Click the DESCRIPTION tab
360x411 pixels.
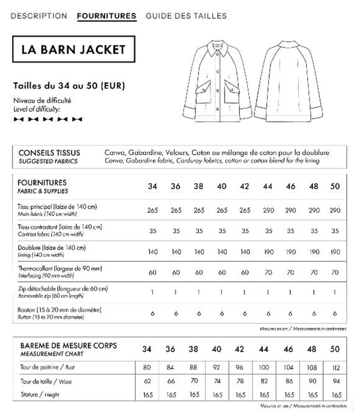point(39,16)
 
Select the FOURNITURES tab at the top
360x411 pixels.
point(107,16)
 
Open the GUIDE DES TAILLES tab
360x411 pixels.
point(186,16)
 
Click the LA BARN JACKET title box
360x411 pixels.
point(74,49)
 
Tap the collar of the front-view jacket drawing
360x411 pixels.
point(221,52)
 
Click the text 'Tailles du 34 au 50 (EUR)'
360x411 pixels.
point(69,85)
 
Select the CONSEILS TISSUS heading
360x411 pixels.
point(49,152)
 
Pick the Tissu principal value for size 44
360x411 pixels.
point(268,211)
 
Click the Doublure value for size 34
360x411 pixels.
point(153,252)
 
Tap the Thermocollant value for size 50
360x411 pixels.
point(335,273)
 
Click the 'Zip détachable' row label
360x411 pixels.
point(63,289)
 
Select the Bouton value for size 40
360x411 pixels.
point(222,313)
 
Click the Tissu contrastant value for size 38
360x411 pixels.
point(199,231)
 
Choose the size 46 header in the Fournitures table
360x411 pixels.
point(291,186)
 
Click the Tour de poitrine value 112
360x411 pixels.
point(335,367)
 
